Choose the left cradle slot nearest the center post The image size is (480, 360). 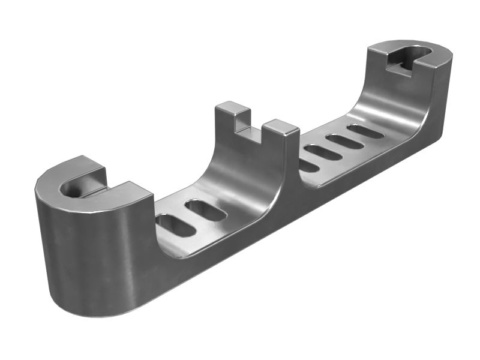click(205, 210)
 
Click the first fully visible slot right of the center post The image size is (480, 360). click(323, 152)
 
